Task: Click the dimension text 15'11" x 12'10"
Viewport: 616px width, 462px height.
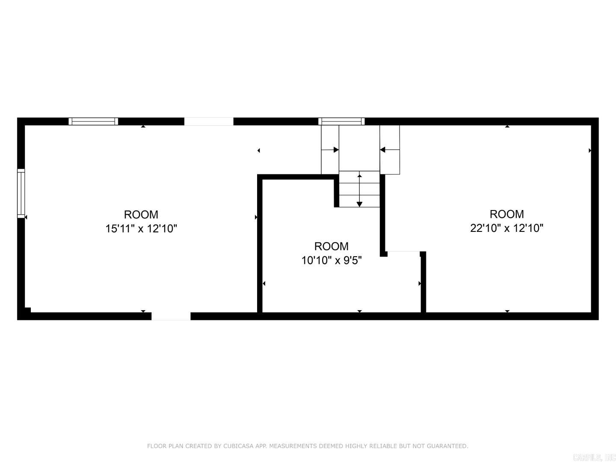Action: coord(141,228)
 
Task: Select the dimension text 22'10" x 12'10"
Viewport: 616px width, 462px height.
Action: coord(506,228)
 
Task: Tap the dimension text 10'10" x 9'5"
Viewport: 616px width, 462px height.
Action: coord(332,260)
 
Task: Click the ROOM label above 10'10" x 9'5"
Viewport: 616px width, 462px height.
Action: coord(332,246)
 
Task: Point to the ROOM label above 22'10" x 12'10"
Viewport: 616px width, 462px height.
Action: coord(506,214)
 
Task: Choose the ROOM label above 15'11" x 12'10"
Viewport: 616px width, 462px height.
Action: coord(141,214)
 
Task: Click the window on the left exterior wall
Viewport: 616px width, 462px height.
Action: coord(21,193)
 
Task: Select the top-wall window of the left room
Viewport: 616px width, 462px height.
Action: coord(93,121)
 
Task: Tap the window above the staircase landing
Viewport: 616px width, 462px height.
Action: coord(341,121)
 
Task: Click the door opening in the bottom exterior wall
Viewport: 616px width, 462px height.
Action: coord(171,316)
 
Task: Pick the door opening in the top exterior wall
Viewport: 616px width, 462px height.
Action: coord(209,121)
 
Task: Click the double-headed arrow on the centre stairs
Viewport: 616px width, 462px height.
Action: coord(359,190)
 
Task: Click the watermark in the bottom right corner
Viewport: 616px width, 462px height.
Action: coord(594,457)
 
